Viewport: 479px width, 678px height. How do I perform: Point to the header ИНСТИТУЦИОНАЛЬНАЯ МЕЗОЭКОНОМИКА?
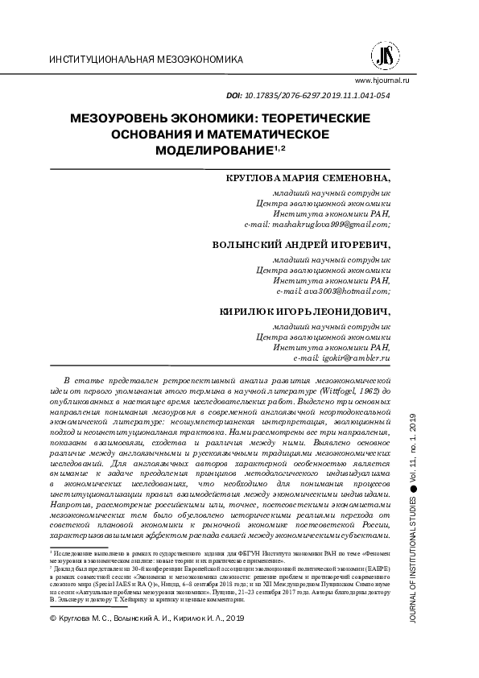pos(146,61)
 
